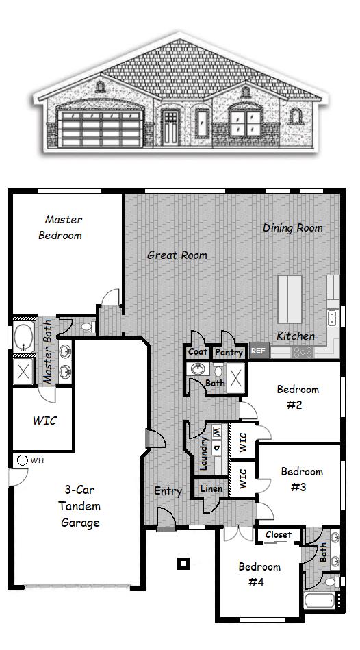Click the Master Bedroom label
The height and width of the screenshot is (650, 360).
point(64,227)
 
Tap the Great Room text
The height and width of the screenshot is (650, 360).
point(177,255)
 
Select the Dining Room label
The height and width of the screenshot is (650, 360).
point(292,227)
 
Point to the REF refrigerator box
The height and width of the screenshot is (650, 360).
point(258,350)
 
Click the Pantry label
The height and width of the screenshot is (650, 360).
point(228,352)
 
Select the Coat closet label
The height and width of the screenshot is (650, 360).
point(198,352)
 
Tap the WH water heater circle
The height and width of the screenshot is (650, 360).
point(22,460)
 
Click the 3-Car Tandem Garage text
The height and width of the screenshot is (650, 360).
point(82,507)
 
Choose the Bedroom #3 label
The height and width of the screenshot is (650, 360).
point(302,479)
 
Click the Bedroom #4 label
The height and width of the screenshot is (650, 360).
point(259,574)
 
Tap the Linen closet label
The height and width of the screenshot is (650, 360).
point(211,488)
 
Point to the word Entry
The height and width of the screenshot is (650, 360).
point(168,491)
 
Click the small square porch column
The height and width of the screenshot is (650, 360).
point(183,564)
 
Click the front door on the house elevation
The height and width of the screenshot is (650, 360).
point(170,127)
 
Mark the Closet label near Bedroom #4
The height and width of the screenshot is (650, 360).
point(279,534)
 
